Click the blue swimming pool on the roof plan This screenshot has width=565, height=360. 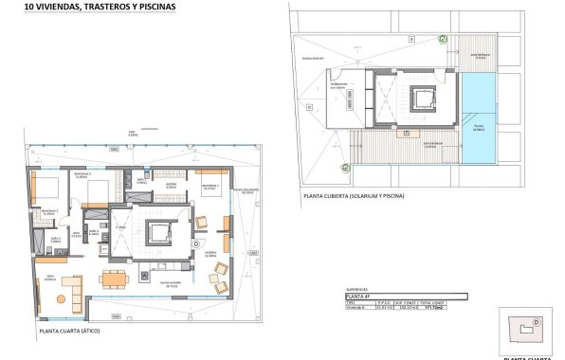479,118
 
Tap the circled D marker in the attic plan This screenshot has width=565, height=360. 195,243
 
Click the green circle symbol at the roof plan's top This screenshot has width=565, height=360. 442,37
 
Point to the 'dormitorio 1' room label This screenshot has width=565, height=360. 210,186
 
